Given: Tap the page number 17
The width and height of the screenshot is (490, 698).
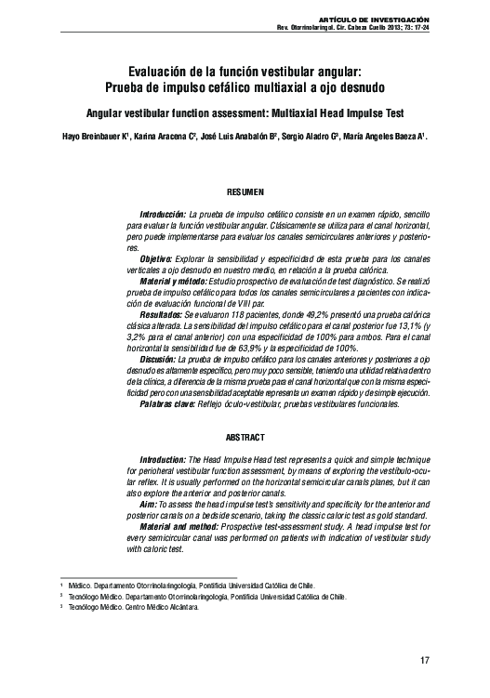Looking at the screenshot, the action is click(425, 661).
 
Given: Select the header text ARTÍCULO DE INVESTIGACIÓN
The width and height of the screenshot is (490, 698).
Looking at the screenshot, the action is click(373, 19).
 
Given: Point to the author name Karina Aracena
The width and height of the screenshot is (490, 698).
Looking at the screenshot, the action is click(161, 134).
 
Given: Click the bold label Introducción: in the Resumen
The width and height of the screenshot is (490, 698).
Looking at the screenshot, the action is click(162, 214).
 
